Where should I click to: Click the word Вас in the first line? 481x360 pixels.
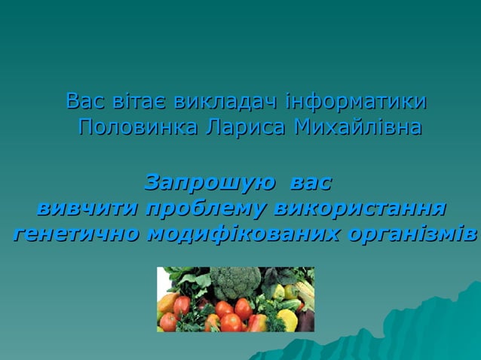(82, 100)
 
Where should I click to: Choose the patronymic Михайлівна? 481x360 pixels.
(357, 127)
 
